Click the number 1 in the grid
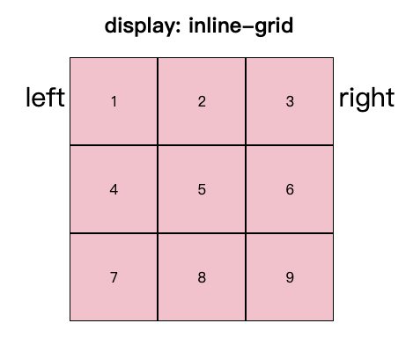tap(114, 101)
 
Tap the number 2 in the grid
tap(202, 101)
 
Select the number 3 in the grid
tap(290, 101)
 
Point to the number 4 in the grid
tap(114, 189)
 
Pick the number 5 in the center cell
tap(202, 189)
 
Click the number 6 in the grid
tap(290, 189)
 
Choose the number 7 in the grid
tap(114, 277)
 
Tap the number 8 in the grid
tap(202, 277)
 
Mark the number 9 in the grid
tap(290, 277)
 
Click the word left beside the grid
tap(45, 97)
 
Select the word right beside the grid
tap(366, 99)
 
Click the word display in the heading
tap(141, 26)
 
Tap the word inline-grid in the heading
tap(240, 26)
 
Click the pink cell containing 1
tap(114, 101)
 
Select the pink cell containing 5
tap(202, 189)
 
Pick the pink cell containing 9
tap(290, 277)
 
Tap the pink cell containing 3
tap(290, 101)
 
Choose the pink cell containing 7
tap(114, 277)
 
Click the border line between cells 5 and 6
tap(246, 189)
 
